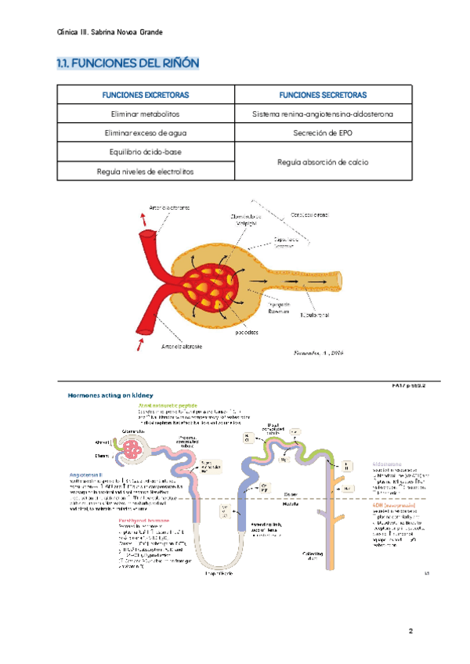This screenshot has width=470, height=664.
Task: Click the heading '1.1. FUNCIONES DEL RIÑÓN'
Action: (x=128, y=63)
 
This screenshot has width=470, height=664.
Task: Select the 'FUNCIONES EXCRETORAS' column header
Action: (x=146, y=95)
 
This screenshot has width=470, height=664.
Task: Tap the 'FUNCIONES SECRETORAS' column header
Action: (x=323, y=95)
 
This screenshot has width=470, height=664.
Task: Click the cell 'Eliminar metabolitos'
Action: (x=146, y=114)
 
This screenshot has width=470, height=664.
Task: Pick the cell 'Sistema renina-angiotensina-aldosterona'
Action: (x=323, y=114)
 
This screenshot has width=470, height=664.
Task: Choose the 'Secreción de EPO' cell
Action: (x=323, y=132)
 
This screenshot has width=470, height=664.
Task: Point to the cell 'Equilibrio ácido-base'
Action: (x=146, y=151)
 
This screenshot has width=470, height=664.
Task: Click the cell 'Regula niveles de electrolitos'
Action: (x=146, y=170)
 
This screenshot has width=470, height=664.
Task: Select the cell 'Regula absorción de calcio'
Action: (x=323, y=161)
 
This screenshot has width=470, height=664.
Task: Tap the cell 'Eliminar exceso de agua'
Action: (x=146, y=132)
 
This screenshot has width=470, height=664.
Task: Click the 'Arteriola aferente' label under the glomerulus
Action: (x=183, y=346)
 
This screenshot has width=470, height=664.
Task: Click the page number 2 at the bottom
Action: (x=410, y=631)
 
